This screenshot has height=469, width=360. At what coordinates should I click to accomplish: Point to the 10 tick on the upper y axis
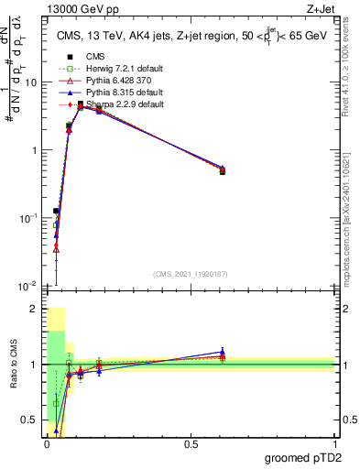point(30,82)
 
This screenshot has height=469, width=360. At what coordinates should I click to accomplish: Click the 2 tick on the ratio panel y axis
point(36,310)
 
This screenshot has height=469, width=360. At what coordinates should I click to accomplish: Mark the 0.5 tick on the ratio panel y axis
point(32,420)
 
